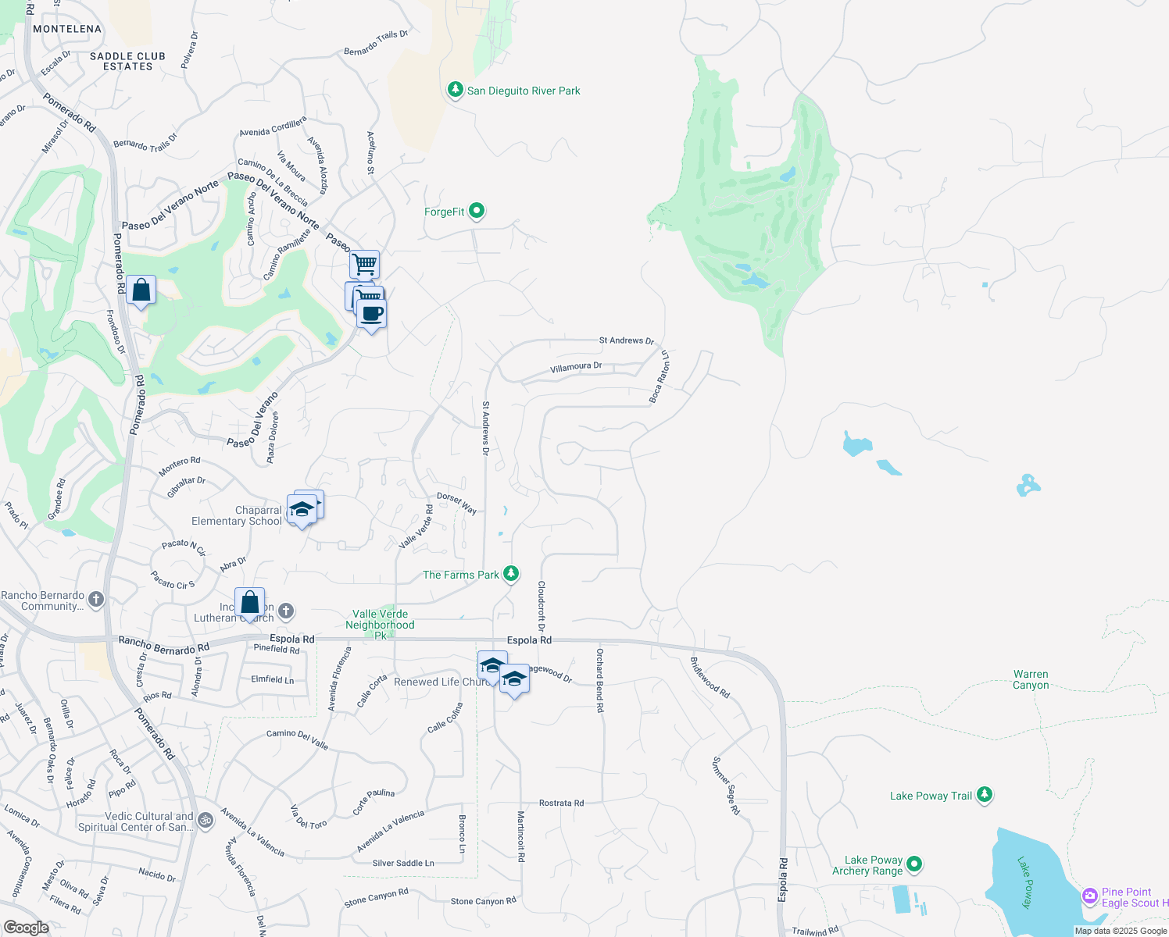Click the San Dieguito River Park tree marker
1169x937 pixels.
(x=455, y=90)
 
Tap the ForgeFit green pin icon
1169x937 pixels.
(x=477, y=211)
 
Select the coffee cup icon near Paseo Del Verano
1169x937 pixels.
(x=372, y=314)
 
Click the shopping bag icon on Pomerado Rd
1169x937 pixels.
(x=141, y=290)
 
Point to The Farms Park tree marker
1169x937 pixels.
(x=511, y=574)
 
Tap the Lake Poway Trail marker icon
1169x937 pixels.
(x=985, y=795)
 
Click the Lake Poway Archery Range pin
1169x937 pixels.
(x=914, y=864)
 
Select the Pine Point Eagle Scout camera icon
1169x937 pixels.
(x=1090, y=896)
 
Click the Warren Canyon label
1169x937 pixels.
(x=1031, y=679)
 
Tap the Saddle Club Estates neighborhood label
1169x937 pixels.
(x=127, y=61)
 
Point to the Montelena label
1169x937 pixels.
(x=67, y=29)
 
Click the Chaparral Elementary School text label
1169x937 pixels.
(x=237, y=515)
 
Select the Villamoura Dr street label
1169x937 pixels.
(x=576, y=367)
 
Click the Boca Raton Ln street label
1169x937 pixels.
(x=660, y=377)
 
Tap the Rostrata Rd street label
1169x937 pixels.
(x=561, y=803)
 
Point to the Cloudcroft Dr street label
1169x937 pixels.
(x=541, y=606)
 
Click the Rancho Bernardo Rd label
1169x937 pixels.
(x=164, y=645)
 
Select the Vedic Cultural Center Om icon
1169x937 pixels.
(x=206, y=820)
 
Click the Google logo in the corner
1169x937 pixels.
(x=26, y=928)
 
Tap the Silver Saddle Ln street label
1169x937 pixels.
(x=403, y=863)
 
